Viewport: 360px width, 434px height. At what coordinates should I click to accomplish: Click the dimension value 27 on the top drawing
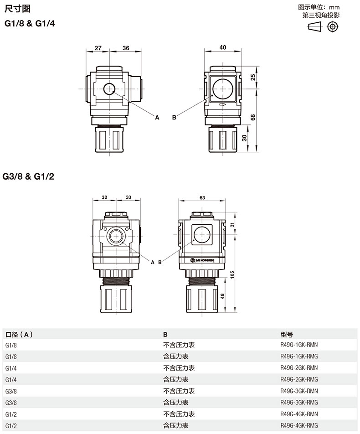(98, 48)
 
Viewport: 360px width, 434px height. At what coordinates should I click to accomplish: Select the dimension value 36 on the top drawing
(126, 48)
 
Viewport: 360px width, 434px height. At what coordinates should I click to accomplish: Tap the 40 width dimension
(223, 47)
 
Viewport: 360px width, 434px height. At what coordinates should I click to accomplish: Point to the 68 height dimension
(253, 117)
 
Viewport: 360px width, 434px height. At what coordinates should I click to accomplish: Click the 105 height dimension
(232, 274)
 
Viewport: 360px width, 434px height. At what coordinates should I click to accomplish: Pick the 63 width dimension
(202, 198)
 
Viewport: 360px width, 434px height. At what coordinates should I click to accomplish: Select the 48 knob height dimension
(222, 296)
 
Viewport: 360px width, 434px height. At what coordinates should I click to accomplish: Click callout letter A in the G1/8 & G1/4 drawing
(157, 118)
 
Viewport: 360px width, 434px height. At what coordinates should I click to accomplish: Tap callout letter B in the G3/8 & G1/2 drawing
(159, 262)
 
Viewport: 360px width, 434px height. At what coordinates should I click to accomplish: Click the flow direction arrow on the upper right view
(222, 104)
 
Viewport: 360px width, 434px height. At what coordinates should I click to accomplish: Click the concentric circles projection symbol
(333, 27)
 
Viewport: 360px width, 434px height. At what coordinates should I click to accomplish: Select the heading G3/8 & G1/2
(28, 176)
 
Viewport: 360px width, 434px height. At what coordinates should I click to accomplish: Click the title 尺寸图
(17, 9)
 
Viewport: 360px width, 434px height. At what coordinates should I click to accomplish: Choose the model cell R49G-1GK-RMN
(299, 345)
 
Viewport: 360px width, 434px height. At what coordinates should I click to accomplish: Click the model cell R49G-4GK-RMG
(299, 425)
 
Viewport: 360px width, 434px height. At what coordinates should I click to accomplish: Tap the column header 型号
(287, 334)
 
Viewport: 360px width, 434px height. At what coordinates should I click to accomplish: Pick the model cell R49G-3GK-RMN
(299, 391)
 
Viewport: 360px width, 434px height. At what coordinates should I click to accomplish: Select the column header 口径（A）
(19, 334)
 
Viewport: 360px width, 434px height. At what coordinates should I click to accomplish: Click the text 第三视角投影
(321, 15)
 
